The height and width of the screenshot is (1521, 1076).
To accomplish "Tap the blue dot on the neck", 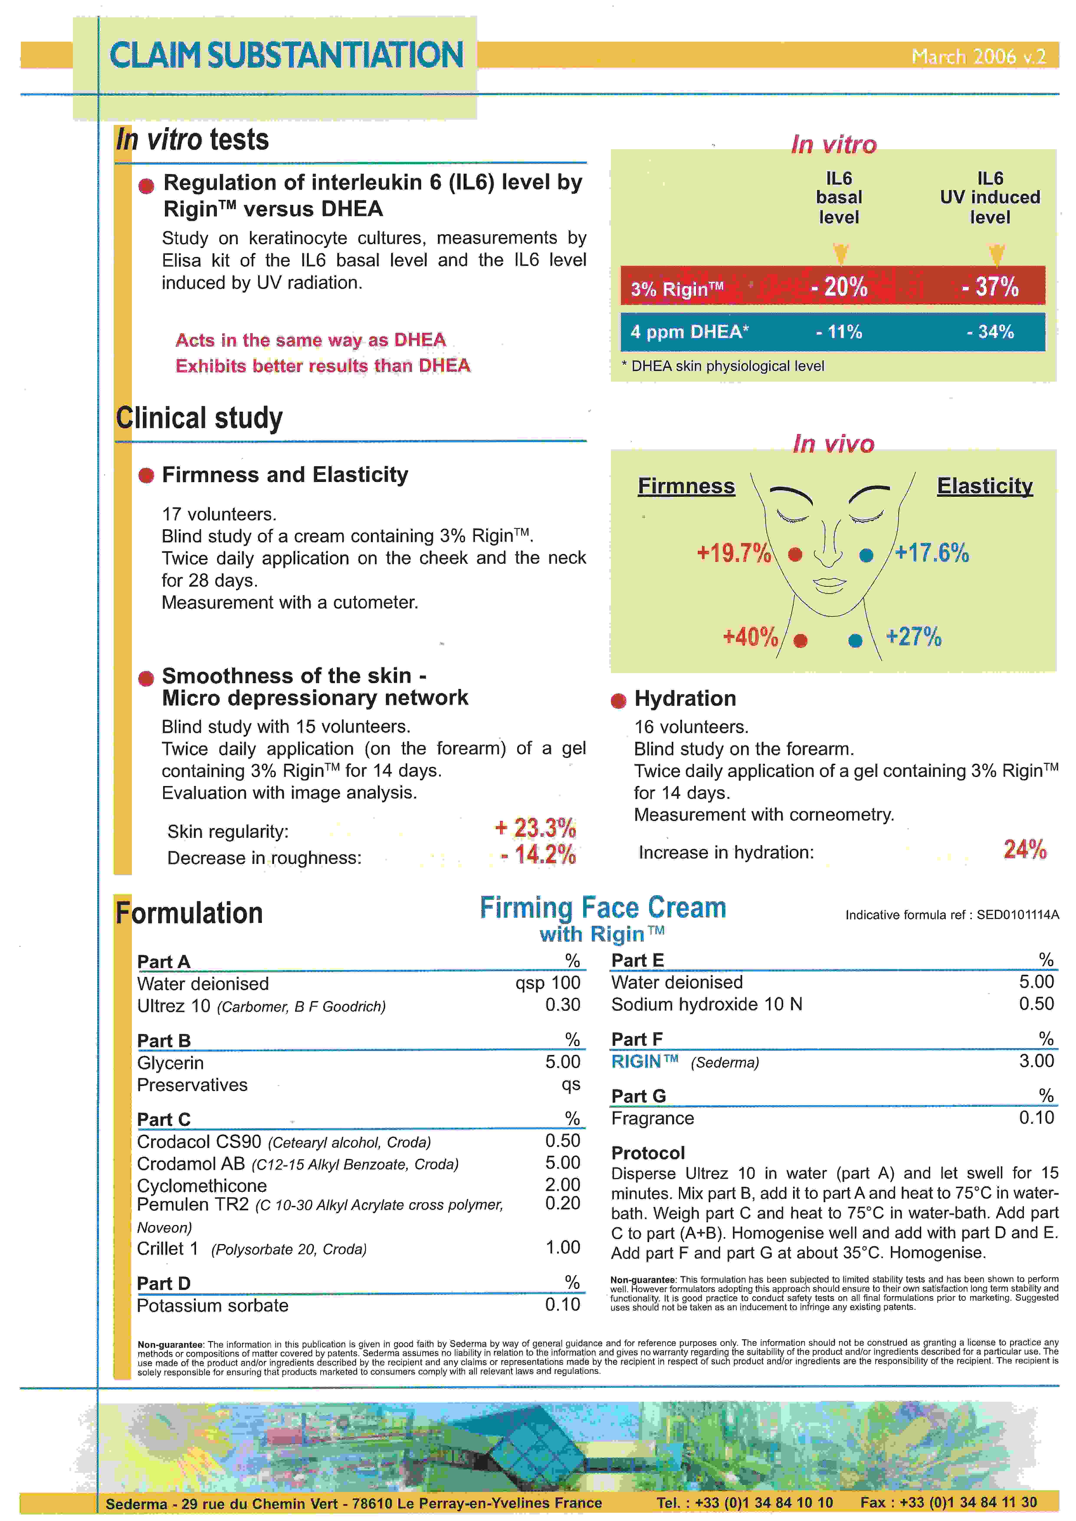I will click(855, 641).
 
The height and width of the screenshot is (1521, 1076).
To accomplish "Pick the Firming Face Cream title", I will click(603, 908).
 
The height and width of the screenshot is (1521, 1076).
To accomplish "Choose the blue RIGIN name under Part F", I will click(636, 1061).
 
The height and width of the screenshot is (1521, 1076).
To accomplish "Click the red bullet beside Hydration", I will click(618, 701).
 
